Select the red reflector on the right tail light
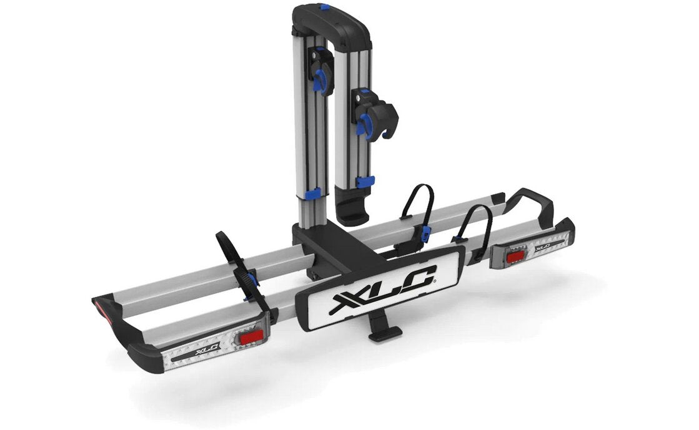click(x=516, y=257)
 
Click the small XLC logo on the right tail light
click(x=542, y=245)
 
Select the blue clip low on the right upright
click(x=365, y=182)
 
